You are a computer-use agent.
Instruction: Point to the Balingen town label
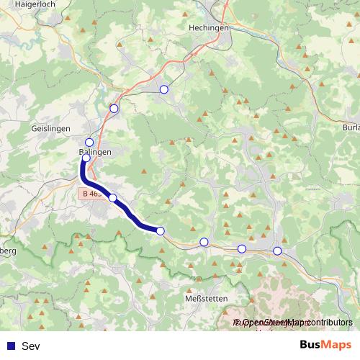click(x=94, y=153)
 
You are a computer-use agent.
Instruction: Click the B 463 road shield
click(x=91, y=194)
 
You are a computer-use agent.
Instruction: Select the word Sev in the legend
click(x=31, y=346)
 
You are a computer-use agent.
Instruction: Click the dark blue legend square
click(x=10, y=346)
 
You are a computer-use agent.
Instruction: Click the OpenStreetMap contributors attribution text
click(x=294, y=323)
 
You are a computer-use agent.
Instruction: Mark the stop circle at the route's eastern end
click(x=277, y=251)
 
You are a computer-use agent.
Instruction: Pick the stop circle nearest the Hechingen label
click(x=163, y=89)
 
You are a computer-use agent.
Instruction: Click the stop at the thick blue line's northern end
click(x=86, y=158)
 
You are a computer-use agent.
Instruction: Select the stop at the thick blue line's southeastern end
click(x=160, y=231)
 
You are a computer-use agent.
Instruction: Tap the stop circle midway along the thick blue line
click(x=112, y=197)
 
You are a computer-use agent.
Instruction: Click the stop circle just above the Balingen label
click(x=89, y=143)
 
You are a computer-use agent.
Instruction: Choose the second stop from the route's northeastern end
click(x=114, y=109)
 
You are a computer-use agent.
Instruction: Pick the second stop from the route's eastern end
click(x=242, y=248)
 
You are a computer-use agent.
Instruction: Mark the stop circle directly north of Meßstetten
click(x=204, y=242)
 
